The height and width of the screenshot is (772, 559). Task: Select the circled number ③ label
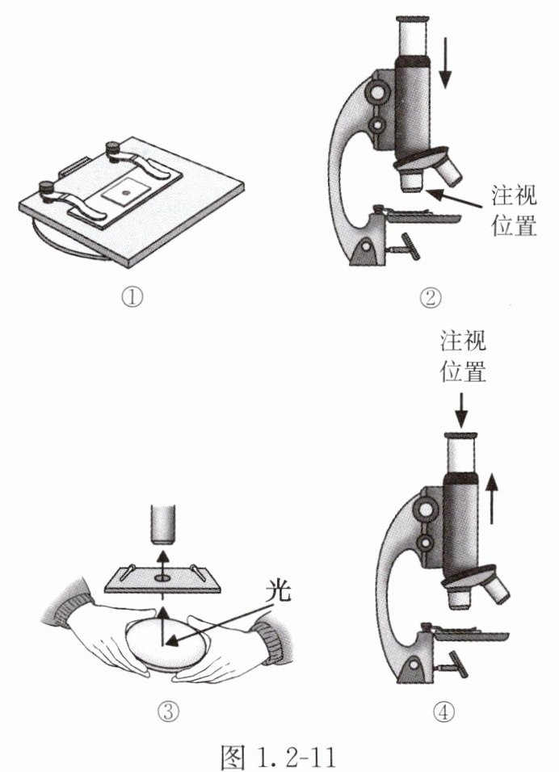click(167, 711)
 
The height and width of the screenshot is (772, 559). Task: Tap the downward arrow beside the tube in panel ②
click(446, 65)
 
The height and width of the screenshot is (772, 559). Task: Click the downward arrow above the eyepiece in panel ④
click(460, 407)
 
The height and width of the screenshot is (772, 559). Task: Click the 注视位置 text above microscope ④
click(462, 355)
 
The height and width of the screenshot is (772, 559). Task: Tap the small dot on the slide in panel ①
click(124, 193)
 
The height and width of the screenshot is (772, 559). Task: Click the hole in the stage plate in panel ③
click(161, 579)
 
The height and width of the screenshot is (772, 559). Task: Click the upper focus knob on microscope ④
click(424, 509)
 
